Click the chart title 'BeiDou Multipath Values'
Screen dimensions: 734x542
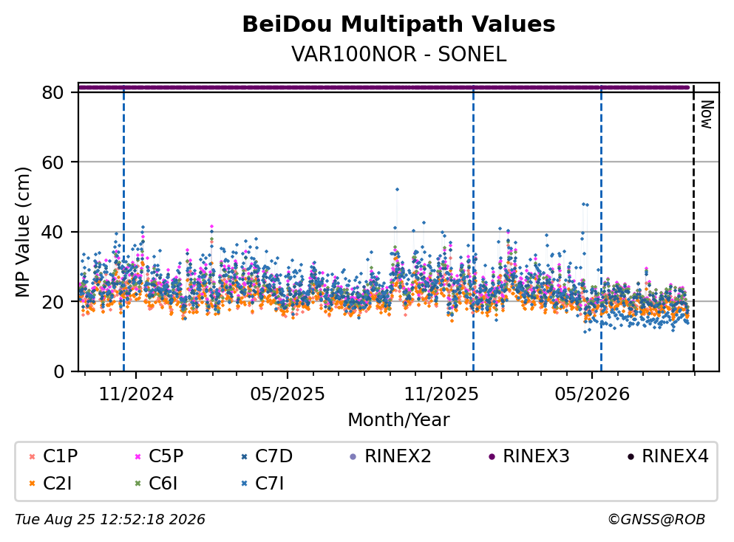click(398, 24)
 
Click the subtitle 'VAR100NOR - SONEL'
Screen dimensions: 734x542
click(398, 54)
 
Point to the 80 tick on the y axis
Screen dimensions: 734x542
click(52, 92)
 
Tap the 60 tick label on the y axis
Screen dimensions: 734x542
click(52, 162)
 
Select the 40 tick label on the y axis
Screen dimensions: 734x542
click(52, 232)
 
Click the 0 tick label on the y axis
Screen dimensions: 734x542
click(58, 371)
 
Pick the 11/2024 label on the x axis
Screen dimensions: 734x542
click(136, 394)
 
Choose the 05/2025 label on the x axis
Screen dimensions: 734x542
click(287, 394)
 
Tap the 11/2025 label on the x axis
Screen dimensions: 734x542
click(441, 394)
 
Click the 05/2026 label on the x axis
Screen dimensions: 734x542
click(592, 394)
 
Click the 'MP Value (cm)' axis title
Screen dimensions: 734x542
click(22, 232)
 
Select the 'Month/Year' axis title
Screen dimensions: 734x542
click(398, 420)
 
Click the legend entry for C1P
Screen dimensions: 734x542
click(53, 456)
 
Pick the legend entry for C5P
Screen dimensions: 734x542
click(159, 456)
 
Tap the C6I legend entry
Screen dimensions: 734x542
click(156, 484)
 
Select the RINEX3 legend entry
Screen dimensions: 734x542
click(529, 456)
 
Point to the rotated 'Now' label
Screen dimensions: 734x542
click(707, 114)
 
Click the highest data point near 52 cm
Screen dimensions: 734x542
click(397, 189)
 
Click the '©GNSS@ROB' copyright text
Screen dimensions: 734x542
click(656, 519)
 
